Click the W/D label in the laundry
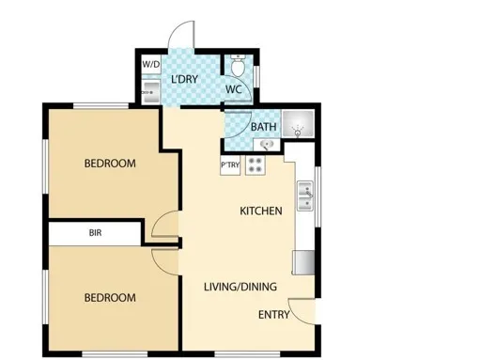coord(151,65)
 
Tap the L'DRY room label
coord(185,79)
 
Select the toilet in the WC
coord(238,66)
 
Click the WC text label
coord(234,89)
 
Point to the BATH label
coord(264,127)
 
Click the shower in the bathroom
coord(298,123)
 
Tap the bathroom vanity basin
coord(267,145)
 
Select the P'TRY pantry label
coord(230,164)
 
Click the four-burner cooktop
coord(255,165)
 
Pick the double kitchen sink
coord(305,196)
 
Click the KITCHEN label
coord(261,211)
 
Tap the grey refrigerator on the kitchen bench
coord(303,262)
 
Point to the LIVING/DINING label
coord(240,287)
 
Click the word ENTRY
coord(274,315)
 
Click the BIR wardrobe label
coord(95,233)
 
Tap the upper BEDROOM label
coord(110,164)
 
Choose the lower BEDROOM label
coord(110,298)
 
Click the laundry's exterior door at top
coord(181,35)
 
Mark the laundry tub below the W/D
coord(151,92)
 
